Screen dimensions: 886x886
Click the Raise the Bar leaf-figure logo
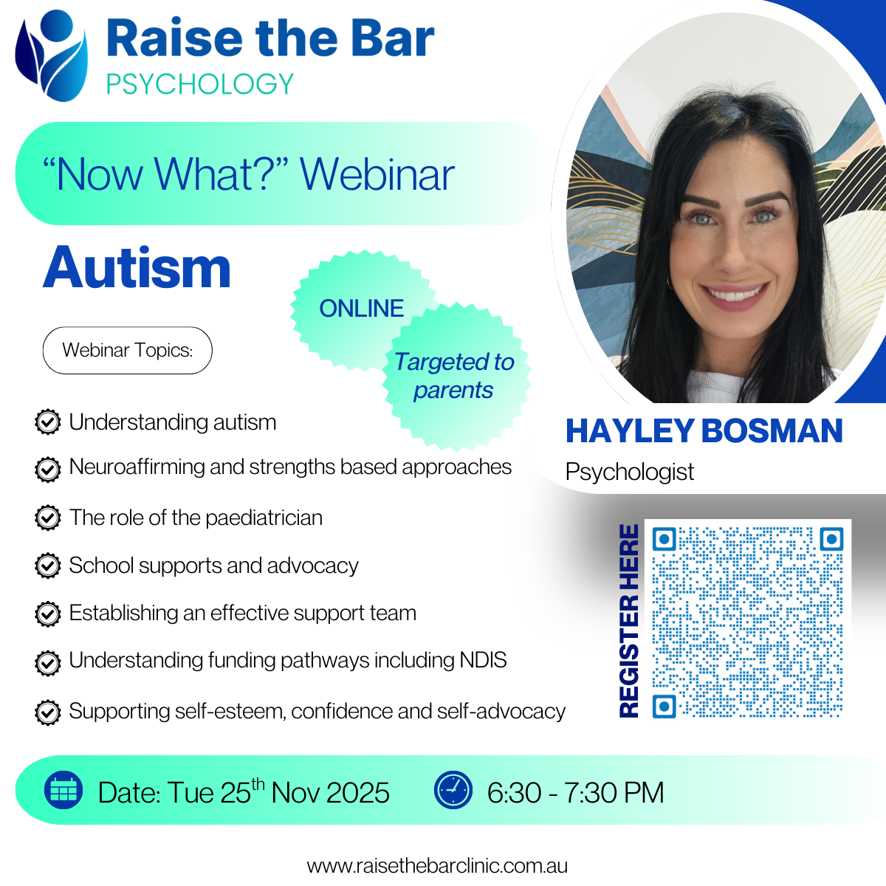click(x=51, y=55)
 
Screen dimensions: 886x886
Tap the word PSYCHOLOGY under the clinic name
click(x=200, y=83)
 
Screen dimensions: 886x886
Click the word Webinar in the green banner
click(x=377, y=175)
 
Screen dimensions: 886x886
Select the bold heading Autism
click(x=137, y=267)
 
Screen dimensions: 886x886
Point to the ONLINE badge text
click(x=361, y=308)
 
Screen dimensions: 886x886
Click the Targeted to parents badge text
click(x=454, y=376)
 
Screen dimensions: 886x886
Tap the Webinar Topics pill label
click(x=127, y=351)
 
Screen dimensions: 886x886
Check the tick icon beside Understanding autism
click(x=48, y=422)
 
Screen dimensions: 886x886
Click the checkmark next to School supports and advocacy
click(x=48, y=566)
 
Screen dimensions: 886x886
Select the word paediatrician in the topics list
click(x=264, y=518)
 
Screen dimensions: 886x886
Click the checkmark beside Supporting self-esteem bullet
click(x=48, y=712)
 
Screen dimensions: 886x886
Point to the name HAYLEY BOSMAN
click(x=704, y=430)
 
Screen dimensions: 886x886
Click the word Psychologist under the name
click(x=630, y=473)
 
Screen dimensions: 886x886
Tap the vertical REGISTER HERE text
click(x=629, y=621)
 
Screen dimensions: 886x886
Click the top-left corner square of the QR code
click(x=664, y=539)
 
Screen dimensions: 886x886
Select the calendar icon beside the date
click(x=63, y=790)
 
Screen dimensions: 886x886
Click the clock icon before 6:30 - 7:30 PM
click(x=453, y=790)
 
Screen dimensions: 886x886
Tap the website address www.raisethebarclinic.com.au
click(x=437, y=866)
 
